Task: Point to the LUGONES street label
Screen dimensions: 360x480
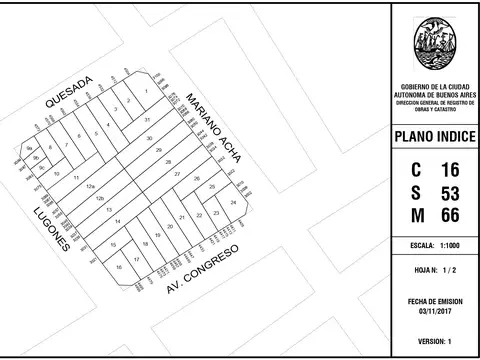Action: click(x=51, y=229)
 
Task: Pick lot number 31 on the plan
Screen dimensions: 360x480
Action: click(x=148, y=118)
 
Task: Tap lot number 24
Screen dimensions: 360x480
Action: click(x=233, y=202)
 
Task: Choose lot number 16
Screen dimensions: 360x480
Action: click(x=119, y=267)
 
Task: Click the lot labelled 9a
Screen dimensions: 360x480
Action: click(x=30, y=148)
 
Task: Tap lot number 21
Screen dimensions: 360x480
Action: click(x=181, y=217)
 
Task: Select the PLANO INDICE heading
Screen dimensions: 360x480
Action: click(x=434, y=136)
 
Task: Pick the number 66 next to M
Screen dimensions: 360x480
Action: click(x=450, y=215)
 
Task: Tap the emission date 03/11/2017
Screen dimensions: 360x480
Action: click(x=434, y=311)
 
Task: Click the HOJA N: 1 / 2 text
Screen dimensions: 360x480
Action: click(x=434, y=270)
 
